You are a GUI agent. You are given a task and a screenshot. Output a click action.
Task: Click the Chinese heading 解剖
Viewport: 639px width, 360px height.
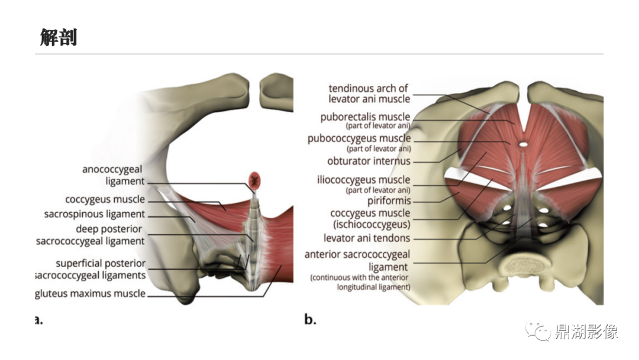click(58, 37)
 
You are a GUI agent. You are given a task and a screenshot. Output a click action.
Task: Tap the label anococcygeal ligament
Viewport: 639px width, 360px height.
click(113, 175)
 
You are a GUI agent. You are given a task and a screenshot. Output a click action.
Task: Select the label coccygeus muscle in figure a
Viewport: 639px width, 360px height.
click(105, 200)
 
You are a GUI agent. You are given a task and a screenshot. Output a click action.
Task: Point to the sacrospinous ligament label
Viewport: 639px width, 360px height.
click(95, 214)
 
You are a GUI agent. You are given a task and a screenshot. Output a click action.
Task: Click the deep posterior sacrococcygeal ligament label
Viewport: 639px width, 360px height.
click(90, 235)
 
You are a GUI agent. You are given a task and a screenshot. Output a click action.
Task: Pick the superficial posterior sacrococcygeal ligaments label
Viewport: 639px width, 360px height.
click(91, 269)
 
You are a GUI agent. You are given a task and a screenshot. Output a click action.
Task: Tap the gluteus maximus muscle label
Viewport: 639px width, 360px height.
click(90, 294)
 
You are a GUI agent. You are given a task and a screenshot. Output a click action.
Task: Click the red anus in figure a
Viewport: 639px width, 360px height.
click(254, 180)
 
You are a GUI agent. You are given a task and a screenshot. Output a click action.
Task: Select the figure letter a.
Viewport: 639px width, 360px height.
click(38, 320)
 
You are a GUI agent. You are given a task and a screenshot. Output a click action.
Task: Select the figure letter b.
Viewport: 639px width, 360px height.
click(310, 319)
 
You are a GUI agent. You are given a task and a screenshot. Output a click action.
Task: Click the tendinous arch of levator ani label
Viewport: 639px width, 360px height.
click(369, 94)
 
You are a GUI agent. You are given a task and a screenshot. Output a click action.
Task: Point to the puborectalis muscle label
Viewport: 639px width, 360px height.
click(365, 120)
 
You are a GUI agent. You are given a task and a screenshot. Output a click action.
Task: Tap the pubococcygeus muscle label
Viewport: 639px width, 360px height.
click(359, 143)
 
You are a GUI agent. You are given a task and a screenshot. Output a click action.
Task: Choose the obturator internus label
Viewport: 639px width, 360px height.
click(369, 161)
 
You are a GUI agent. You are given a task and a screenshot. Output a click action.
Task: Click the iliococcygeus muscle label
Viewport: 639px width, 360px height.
click(363, 184)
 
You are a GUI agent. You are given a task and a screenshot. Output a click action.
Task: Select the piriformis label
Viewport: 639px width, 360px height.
click(389, 201)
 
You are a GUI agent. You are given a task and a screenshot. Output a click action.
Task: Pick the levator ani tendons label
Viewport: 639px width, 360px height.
click(367, 237)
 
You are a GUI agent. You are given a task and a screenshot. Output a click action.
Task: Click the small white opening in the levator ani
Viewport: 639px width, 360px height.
click(524, 144)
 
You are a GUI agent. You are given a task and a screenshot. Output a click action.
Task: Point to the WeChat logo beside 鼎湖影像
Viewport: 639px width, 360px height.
click(537, 330)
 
